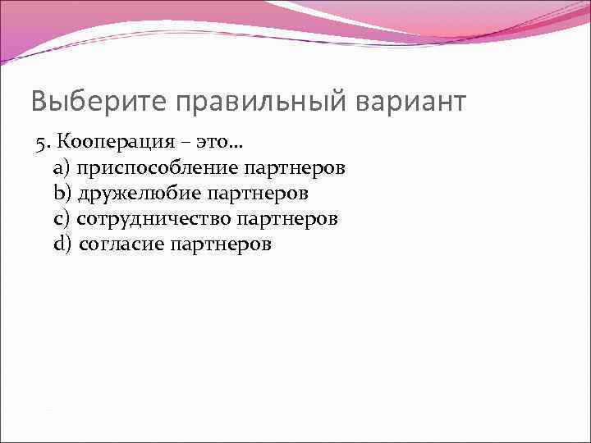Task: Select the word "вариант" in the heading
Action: click(411, 102)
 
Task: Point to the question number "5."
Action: click(42, 144)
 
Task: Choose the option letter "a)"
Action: click(62, 169)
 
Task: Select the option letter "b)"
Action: click(62, 194)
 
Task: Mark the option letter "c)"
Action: click(62, 219)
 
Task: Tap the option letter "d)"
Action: click(63, 244)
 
